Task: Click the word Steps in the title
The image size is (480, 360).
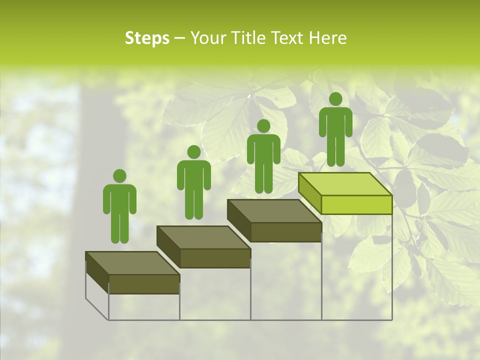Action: click(x=147, y=38)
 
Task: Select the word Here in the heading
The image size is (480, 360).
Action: click(x=327, y=38)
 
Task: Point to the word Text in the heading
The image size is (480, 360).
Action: click(x=287, y=38)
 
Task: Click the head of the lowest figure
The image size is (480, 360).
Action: click(x=119, y=176)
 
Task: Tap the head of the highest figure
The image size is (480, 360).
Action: click(x=335, y=99)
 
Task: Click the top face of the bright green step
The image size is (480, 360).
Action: click(x=345, y=184)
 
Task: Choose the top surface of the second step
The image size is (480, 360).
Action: click(x=203, y=237)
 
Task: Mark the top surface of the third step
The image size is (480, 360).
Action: click(x=274, y=211)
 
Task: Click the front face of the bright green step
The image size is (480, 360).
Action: click(x=356, y=204)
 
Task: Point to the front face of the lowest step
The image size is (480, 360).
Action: click(x=144, y=284)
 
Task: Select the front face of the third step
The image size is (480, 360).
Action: click(x=285, y=232)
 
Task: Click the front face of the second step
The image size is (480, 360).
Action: click(x=215, y=258)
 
